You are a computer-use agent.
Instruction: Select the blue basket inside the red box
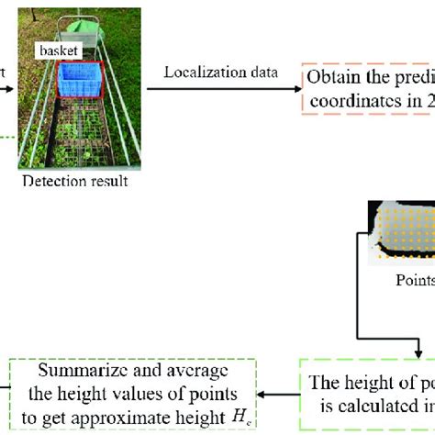82,80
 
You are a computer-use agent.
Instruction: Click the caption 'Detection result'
80,181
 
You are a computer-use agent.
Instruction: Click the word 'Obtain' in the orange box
331,76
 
